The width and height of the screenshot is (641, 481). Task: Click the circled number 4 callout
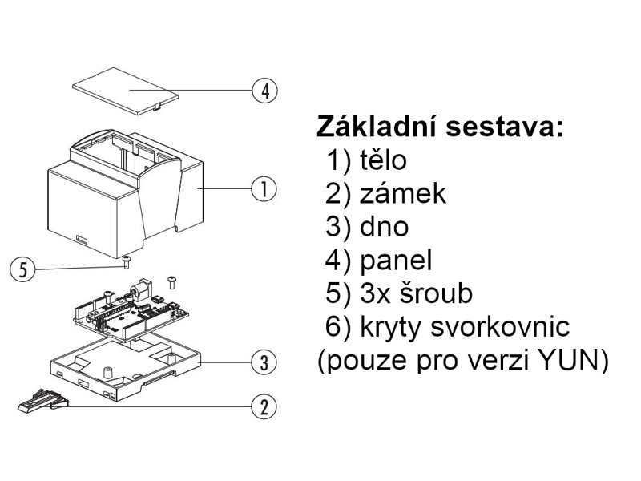pos(264,90)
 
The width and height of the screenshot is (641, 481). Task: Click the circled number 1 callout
pos(264,190)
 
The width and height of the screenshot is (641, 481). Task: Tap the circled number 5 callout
pos(24,269)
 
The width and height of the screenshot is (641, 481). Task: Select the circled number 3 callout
pos(264,362)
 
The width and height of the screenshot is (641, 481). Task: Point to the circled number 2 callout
pos(264,406)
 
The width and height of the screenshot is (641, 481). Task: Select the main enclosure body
pos(96,200)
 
